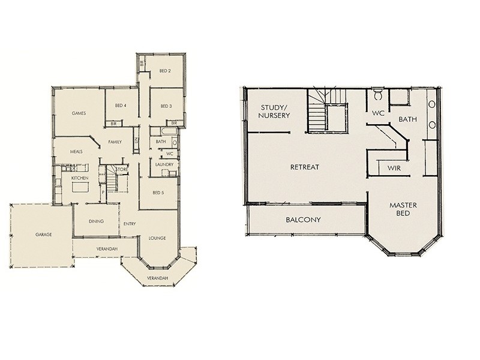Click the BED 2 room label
(x=166, y=71)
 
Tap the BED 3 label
(x=166, y=106)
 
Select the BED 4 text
(x=121, y=106)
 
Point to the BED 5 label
(x=158, y=193)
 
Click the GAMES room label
(x=79, y=113)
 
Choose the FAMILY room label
(x=116, y=142)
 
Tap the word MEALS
(x=76, y=152)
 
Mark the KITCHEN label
(x=80, y=178)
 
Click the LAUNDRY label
(x=164, y=164)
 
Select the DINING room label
(x=96, y=221)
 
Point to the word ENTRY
(x=130, y=224)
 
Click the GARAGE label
(x=43, y=235)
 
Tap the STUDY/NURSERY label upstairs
(x=275, y=111)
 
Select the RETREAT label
(x=304, y=167)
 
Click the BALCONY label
(x=303, y=220)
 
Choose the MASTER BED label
(x=403, y=209)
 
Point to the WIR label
(x=394, y=168)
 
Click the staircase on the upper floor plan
(x=327, y=111)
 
